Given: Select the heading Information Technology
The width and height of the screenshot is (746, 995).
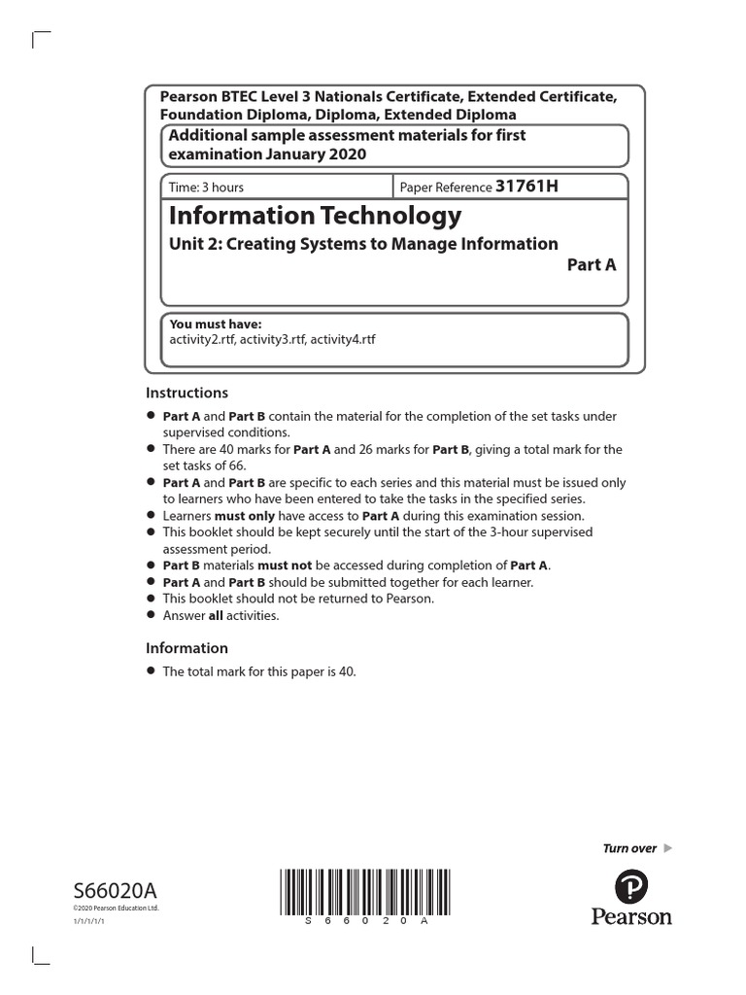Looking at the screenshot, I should (316, 215).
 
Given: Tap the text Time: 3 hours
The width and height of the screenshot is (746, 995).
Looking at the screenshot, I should (207, 188).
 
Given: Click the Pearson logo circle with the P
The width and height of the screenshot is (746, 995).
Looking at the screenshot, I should (631, 886).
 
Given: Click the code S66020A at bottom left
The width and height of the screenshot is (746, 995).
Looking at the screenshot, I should (115, 892).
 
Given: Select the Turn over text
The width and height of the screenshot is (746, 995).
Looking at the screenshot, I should (629, 848).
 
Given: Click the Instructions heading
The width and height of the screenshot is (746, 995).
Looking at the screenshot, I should (186, 394).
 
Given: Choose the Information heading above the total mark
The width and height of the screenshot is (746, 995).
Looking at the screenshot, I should (186, 648).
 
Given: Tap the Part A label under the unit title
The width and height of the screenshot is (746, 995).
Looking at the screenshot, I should (592, 265).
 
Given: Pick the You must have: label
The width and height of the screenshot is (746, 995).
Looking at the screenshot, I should (216, 325).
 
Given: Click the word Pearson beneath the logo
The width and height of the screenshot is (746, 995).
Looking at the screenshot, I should (631, 915).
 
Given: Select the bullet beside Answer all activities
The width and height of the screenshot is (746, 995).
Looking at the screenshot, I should (151, 615).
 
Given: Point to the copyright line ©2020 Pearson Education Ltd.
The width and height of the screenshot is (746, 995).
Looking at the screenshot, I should (115, 908).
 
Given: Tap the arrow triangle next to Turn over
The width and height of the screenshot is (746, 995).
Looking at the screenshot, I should (667, 848).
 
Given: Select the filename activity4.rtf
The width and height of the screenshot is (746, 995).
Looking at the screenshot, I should (342, 339).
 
